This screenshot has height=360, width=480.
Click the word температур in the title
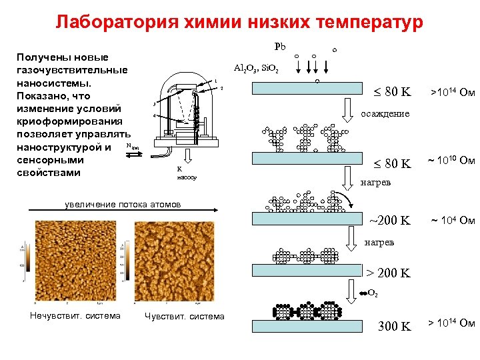tap(366, 23)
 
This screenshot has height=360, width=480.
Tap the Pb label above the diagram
tap(280, 47)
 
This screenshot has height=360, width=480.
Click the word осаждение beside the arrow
tap(385, 113)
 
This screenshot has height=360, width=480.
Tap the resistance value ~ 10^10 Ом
tap(451, 161)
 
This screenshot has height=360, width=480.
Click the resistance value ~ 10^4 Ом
tap(452, 221)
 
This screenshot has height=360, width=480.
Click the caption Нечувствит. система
tap(75, 316)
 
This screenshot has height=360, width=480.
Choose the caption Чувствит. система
tap(185, 316)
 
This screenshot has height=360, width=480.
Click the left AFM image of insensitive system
tap(73, 261)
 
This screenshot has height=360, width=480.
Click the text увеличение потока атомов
tap(123, 204)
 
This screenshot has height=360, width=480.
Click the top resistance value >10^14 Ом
tap(452, 91)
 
